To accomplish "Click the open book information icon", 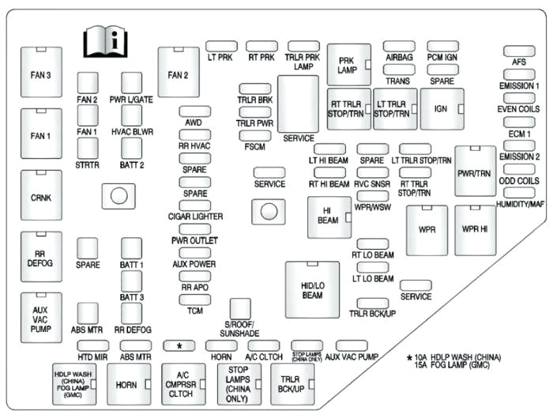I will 104,42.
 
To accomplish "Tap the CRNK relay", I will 41,194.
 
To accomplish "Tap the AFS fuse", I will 519,51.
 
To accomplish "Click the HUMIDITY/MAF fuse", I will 519,194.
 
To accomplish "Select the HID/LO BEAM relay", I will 311,289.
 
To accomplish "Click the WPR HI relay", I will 475,229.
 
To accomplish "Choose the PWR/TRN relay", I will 475,171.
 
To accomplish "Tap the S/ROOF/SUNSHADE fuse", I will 239,309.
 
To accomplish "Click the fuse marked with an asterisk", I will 179,345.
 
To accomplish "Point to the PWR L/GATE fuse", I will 131,82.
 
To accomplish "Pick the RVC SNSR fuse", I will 371,172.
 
